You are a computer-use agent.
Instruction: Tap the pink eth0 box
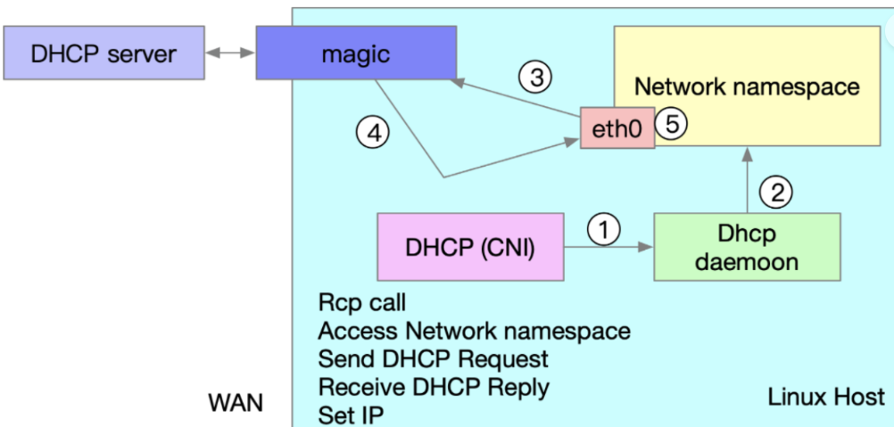(x=617, y=129)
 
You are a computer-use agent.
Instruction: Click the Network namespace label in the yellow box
(x=746, y=86)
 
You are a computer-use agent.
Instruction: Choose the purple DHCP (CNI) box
(x=470, y=247)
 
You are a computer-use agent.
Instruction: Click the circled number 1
(x=604, y=230)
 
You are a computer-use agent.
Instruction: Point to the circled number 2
(x=776, y=191)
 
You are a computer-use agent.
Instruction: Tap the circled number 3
(x=536, y=78)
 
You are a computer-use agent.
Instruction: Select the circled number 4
(x=374, y=133)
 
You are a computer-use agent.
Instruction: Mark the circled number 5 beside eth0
(x=672, y=126)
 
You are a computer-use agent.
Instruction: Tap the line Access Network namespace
(x=474, y=331)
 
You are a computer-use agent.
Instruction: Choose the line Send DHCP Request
(x=433, y=359)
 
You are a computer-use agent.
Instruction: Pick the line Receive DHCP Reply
(x=434, y=388)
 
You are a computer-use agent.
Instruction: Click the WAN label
(x=236, y=402)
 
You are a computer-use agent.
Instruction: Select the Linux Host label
(x=825, y=397)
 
